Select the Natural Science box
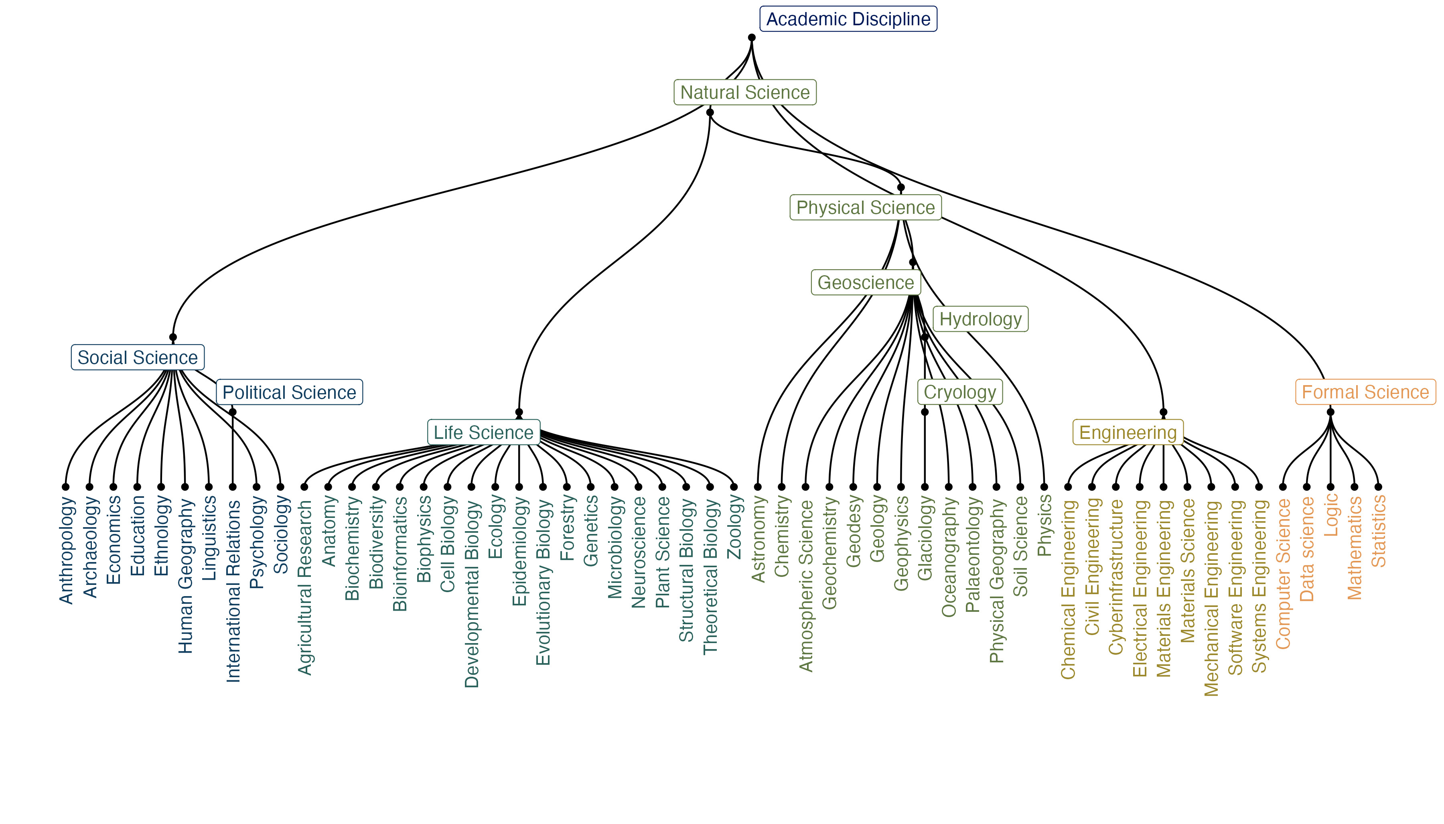[x=744, y=92]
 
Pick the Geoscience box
[x=865, y=282]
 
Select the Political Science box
[x=289, y=392]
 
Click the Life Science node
[x=483, y=432]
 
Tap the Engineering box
[x=1127, y=432]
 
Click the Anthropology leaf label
[x=67, y=550]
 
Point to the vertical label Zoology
[x=734, y=526]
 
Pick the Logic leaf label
[x=1331, y=515]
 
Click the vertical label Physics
[x=1044, y=525]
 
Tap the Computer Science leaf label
[x=1283, y=573]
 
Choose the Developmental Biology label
[x=472, y=594]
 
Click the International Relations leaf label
[x=233, y=591]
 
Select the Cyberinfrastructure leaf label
[x=1116, y=577]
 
